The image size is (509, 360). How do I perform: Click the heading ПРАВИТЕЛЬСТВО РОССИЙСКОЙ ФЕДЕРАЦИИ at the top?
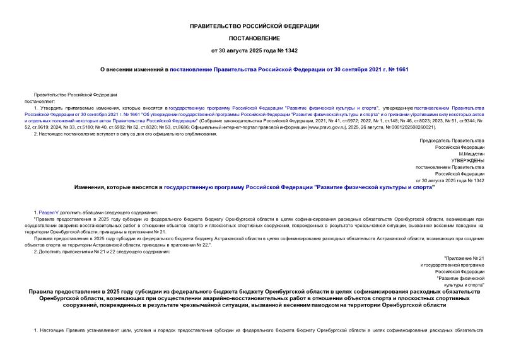coord(254,26)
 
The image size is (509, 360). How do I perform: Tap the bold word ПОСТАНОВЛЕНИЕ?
coord(254,38)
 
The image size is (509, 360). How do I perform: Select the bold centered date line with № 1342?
coord(254,50)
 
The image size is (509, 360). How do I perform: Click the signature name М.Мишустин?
coord(471,154)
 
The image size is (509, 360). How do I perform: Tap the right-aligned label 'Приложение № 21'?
coord(464,258)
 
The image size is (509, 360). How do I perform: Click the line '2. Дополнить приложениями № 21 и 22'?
coord(101,252)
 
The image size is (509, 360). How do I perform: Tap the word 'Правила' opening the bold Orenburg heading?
coord(43,291)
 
